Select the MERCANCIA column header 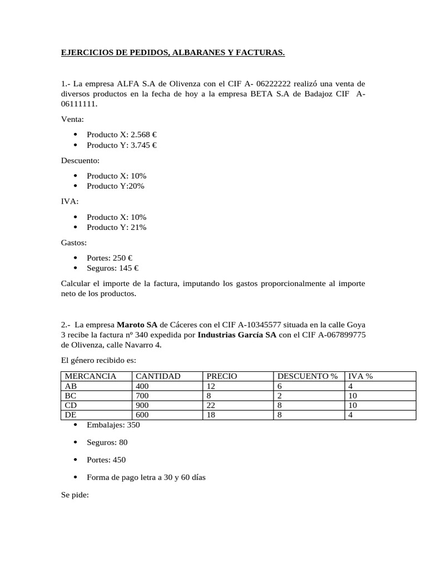coord(91,376)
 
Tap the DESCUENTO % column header coord(307,376)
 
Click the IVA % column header coord(360,376)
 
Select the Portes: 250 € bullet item coord(110,258)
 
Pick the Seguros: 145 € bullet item coord(113,268)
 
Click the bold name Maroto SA coord(136,324)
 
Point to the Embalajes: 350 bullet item coord(113,425)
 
